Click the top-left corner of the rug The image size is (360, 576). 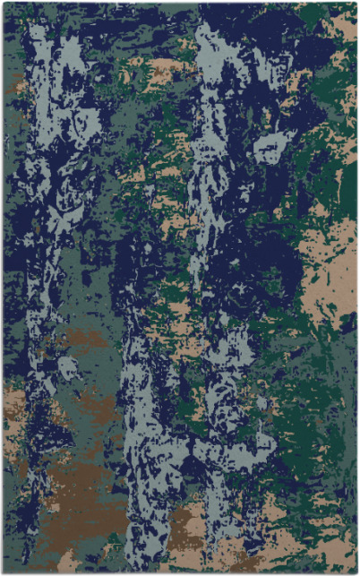click(x=4, y=4)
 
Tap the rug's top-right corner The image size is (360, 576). click(x=356, y=4)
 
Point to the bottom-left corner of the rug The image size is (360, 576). click(x=4, y=572)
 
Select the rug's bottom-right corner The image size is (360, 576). click(x=356, y=572)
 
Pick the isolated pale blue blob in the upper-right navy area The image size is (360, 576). click(x=269, y=148)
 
